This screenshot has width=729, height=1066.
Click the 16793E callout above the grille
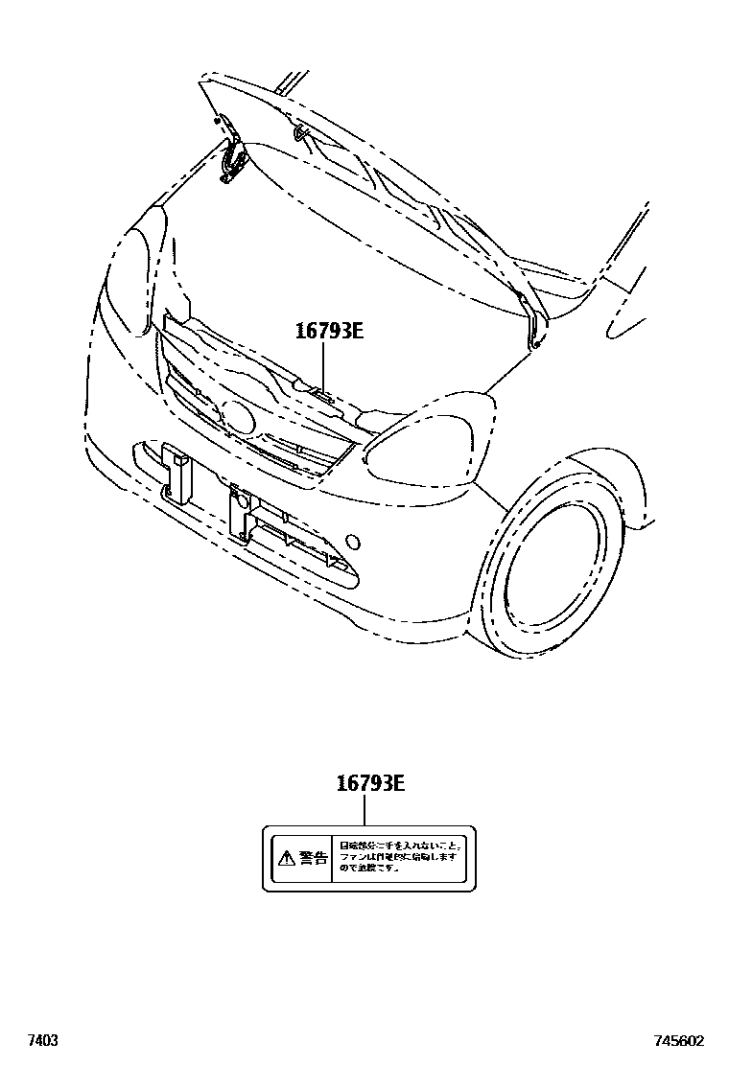pyautogui.click(x=329, y=333)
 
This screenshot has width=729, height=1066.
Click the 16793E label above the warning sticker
pyautogui.click(x=370, y=783)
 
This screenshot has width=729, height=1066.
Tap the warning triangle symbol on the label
pyautogui.click(x=285, y=858)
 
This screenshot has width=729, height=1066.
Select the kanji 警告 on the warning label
pyautogui.click(x=313, y=858)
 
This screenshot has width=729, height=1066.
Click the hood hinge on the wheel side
pyautogui.click(x=535, y=321)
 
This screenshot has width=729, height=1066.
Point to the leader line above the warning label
pyautogui.click(x=364, y=811)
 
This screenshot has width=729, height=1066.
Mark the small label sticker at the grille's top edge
pyautogui.click(x=320, y=393)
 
